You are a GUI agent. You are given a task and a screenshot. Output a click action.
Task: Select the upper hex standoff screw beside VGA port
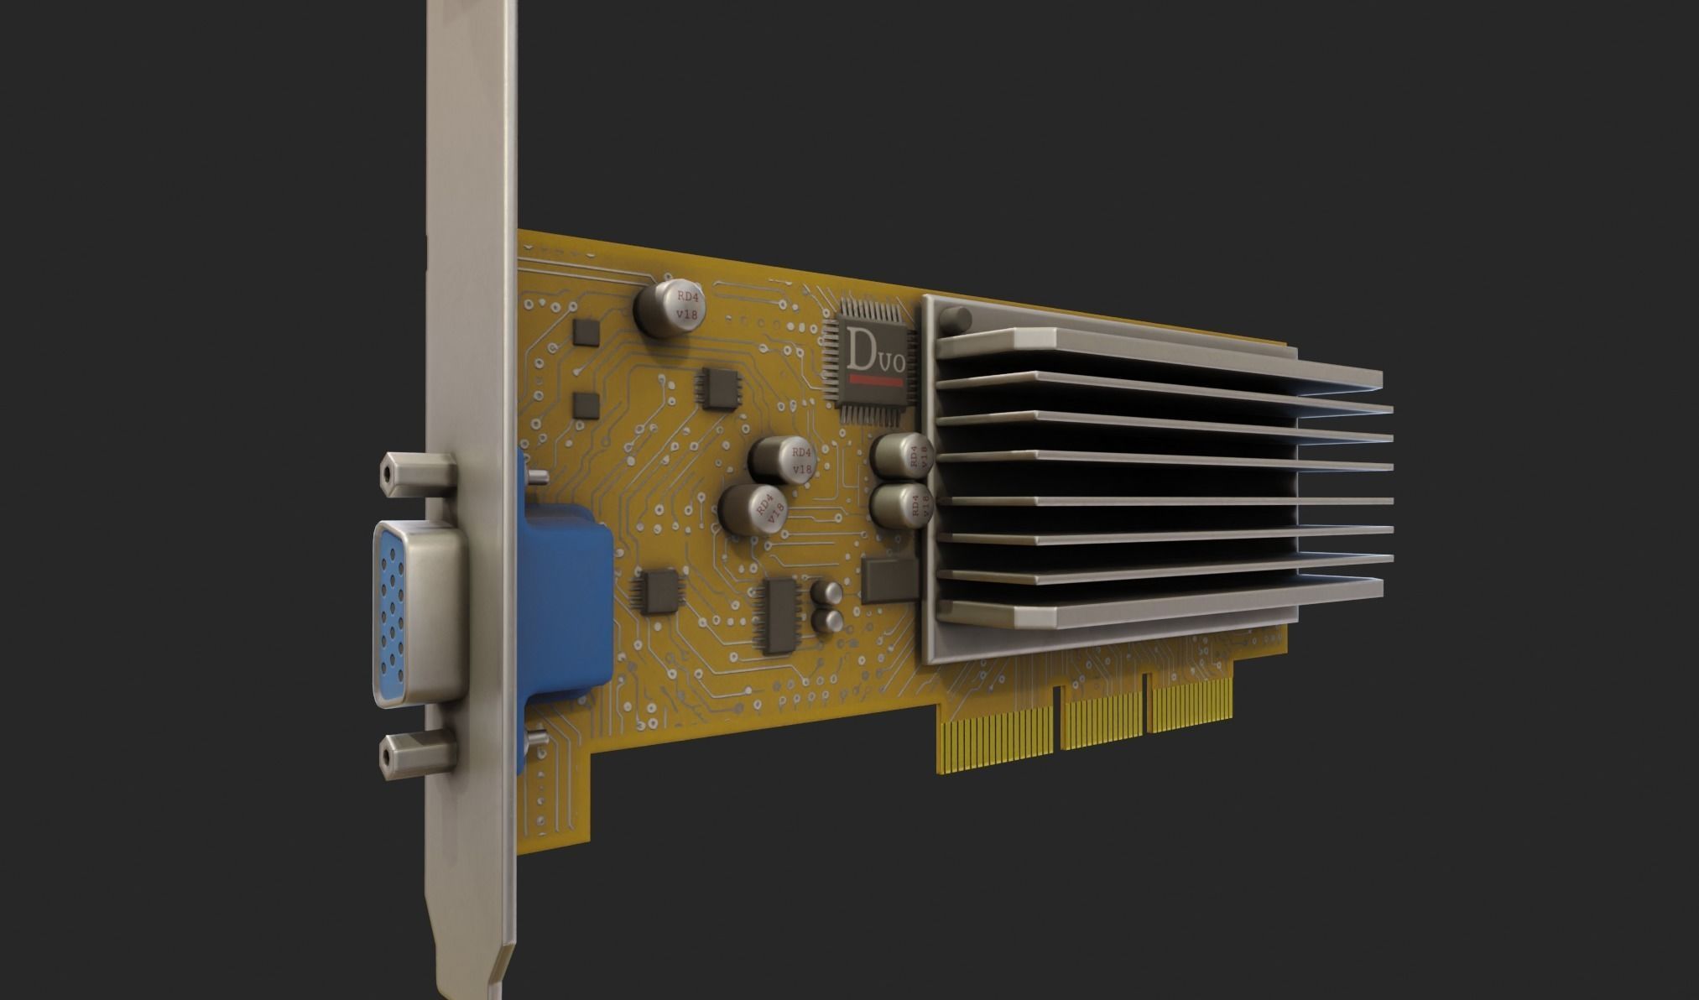tap(417, 472)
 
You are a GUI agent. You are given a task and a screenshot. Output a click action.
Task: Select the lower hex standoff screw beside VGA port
tap(417, 753)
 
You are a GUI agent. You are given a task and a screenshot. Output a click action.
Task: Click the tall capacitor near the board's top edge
tap(669, 308)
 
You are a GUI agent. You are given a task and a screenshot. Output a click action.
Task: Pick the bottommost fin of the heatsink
tap(1158, 613)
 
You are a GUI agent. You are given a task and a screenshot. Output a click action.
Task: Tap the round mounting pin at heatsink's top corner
tap(956, 320)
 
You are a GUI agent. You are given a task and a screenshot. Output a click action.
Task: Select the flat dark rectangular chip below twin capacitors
tap(889, 579)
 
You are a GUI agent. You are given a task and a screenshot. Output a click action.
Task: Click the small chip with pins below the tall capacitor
tap(718, 388)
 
